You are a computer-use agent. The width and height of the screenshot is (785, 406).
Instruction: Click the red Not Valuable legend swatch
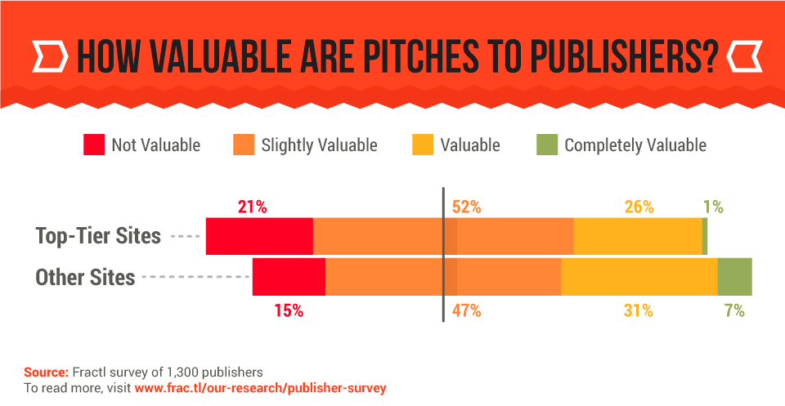(94, 145)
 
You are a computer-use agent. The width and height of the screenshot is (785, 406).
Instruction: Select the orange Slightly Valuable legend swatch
(244, 145)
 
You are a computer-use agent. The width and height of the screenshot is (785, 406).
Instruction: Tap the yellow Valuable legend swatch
(423, 145)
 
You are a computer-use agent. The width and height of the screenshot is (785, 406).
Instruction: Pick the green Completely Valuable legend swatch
(546, 145)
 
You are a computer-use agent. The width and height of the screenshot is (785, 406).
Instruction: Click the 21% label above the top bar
(253, 207)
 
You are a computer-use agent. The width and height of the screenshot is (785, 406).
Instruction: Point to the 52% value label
(466, 207)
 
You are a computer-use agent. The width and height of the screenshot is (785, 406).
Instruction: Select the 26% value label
(639, 207)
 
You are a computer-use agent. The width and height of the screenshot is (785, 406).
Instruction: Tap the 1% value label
(713, 207)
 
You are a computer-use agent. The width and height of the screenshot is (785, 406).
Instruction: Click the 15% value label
(289, 310)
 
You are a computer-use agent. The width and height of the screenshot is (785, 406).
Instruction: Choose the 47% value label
(466, 310)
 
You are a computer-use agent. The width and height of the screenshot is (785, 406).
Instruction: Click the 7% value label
(733, 310)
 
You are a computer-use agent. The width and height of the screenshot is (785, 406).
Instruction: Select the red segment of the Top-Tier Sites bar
(259, 237)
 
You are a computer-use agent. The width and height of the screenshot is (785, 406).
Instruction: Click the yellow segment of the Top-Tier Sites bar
(638, 237)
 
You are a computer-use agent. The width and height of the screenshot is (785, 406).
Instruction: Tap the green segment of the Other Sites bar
(734, 276)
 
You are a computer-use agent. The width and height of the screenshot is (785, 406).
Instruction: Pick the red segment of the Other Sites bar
(289, 276)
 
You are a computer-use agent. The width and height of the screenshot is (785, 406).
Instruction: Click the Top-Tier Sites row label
(98, 236)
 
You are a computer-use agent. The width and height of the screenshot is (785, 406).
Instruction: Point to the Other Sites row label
(85, 278)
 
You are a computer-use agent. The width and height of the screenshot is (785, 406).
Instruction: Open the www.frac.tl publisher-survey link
(260, 387)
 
